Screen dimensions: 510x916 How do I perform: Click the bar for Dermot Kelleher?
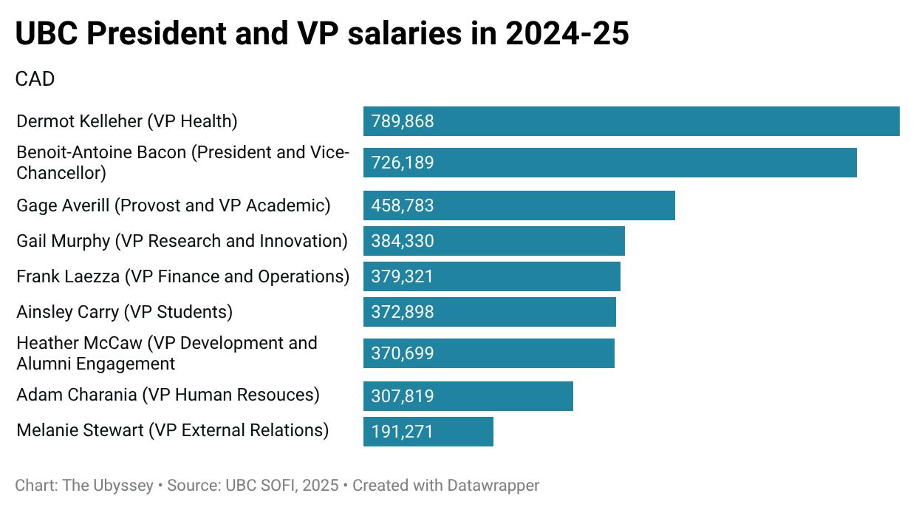[631, 121]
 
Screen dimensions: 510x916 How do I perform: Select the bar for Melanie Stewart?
[428, 432]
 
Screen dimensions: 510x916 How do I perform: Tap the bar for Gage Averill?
[519, 205]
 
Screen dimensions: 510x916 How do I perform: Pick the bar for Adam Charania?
[468, 396]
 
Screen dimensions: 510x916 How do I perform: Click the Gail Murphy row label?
[182, 241]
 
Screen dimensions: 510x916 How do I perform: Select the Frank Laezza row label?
[182, 276]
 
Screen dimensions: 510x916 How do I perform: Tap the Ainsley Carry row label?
[124, 312]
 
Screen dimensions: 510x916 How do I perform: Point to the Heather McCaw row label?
[166, 353]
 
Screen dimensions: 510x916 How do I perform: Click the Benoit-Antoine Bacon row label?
[182, 163]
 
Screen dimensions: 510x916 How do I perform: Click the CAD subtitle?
[35, 79]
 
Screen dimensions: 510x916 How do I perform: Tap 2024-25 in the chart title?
[567, 34]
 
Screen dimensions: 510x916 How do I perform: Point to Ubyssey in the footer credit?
[120, 486]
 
